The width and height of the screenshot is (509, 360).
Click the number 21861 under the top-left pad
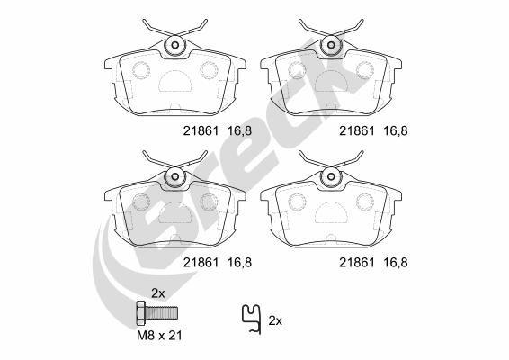tap(198, 130)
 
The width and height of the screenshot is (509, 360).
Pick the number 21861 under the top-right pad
tap(353, 130)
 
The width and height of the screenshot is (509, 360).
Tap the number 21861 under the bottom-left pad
tap(198, 263)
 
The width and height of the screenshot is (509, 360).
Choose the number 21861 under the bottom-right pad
tap(353, 263)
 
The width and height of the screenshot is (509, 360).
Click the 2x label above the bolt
tap(158, 293)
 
